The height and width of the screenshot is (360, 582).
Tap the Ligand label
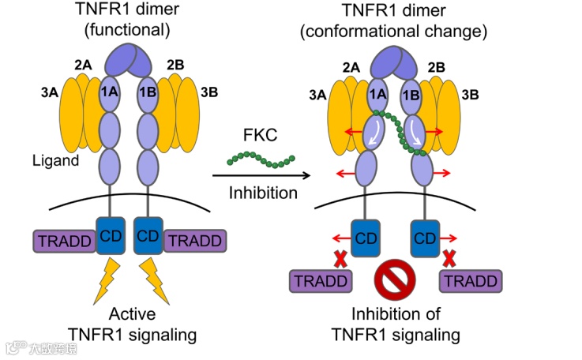point(54,161)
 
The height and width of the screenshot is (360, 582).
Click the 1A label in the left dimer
point(109,92)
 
